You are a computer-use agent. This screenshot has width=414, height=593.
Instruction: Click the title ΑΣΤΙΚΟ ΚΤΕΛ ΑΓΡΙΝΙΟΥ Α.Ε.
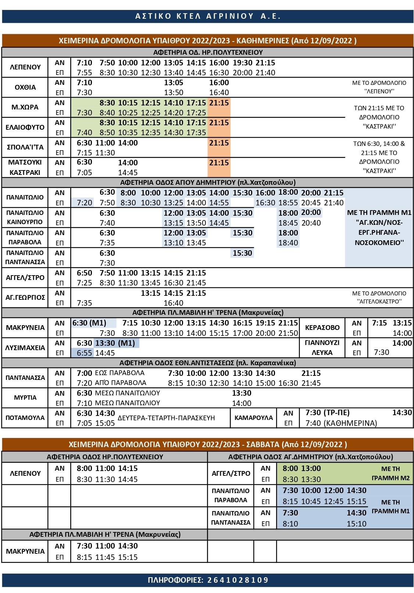click(208, 16)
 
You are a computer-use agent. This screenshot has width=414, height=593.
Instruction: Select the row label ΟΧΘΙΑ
click(25, 87)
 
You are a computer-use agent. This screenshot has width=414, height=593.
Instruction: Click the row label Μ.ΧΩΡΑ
click(25, 107)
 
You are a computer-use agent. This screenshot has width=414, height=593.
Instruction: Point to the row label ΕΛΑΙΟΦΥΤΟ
click(25, 127)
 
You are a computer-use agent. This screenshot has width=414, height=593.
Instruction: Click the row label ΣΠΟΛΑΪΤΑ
click(25, 147)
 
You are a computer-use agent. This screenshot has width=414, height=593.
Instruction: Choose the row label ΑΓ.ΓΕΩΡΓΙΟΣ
click(25, 298)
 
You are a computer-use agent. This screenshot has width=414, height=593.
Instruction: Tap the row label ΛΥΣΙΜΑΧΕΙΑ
click(25, 348)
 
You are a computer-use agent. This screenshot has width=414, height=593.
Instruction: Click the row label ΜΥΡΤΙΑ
click(25, 398)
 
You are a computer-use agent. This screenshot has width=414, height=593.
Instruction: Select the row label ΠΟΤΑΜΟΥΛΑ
click(25, 418)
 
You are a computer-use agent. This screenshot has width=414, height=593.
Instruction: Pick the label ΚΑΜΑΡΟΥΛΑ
click(253, 418)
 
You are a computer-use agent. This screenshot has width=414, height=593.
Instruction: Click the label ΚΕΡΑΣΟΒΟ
click(322, 327)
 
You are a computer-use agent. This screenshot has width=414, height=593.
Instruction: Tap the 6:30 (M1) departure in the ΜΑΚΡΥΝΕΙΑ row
click(89, 323)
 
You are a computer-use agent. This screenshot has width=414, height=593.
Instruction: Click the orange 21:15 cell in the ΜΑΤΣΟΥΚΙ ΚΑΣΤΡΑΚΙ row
click(219, 163)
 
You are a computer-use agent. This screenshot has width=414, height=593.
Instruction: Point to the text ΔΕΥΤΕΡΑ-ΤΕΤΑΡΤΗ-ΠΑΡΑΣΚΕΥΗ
click(166, 418)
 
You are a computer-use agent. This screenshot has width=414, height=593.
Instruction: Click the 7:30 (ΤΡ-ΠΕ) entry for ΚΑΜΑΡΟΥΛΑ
click(327, 413)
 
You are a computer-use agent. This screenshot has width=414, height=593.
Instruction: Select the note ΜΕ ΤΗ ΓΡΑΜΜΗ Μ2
click(390, 473)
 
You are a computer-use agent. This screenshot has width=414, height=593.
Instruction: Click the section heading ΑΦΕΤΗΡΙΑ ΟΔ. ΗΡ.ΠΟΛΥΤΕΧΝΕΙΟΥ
click(208, 52)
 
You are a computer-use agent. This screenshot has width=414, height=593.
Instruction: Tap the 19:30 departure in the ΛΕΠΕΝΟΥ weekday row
click(242, 63)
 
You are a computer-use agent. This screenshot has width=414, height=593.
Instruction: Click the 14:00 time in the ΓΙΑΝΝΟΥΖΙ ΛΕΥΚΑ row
click(402, 343)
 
